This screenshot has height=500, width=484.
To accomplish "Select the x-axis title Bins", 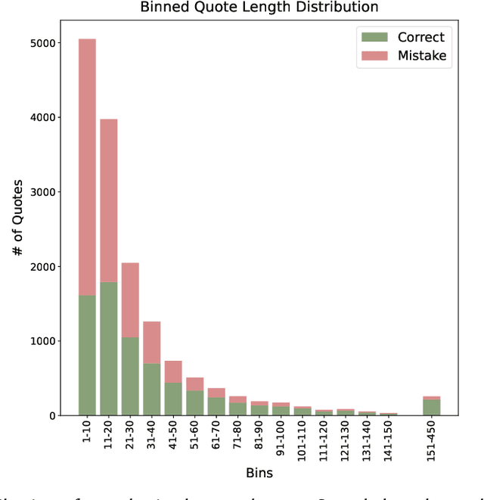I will (x=259, y=474).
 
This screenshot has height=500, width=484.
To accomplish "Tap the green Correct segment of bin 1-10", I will (x=87, y=356).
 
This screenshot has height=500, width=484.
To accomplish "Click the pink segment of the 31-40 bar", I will (x=152, y=343).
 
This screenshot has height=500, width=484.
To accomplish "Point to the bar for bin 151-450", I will (x=431, y=407).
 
